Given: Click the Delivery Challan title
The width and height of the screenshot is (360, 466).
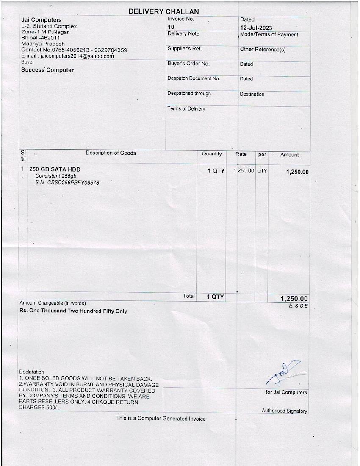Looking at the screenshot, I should click(163, 11).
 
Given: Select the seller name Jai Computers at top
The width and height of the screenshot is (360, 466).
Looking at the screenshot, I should click(41, 20).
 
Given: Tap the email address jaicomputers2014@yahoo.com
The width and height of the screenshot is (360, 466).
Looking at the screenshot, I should click(77, 56).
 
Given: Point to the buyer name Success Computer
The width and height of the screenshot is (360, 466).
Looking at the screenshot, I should click(47, 70).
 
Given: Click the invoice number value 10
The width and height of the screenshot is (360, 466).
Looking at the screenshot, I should click(171, 27).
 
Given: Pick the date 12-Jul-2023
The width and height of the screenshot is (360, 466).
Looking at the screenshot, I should click(256, 28).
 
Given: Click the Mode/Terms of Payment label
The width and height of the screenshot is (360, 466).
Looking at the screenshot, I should click(269, 35).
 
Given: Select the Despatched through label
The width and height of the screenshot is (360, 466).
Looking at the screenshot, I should click(189, 93).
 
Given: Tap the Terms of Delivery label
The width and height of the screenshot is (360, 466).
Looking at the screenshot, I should click(186, 109).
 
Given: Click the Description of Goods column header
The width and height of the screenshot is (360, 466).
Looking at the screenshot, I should click(111, 153).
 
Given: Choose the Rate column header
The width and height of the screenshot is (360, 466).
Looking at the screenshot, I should click(241, 154).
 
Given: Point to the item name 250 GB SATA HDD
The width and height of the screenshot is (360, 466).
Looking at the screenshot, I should click(55, 169).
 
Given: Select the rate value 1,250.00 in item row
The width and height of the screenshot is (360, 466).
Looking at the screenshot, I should click(244, 171).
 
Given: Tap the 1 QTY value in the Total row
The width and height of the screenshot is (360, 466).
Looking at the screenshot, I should click(215, 297).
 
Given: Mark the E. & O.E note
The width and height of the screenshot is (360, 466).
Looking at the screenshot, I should click(298, 305).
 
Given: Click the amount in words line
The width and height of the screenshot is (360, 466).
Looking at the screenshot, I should click(73, 311).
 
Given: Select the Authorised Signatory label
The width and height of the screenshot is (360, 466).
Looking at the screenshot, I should click(284, 411).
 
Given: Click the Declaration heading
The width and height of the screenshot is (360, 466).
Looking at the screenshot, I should click(32, 372).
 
